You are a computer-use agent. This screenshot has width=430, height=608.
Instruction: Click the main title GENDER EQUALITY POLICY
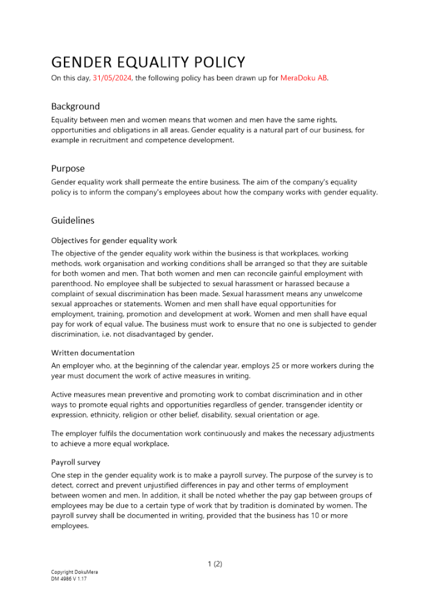point(148,62)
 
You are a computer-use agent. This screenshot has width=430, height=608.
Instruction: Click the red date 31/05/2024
point(113,78)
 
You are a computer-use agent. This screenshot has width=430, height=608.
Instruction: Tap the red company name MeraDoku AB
point(303,78)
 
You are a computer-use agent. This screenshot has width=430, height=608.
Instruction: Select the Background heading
point(75,106)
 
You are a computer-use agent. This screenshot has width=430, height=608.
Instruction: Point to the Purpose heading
point(68,168)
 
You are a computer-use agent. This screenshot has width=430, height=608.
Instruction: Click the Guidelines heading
point(72,220)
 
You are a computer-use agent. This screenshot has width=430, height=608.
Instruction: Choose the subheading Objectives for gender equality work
point(114,240)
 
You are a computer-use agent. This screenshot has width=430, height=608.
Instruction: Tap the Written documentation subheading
point(92,353)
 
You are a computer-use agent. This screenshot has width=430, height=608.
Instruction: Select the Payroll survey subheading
point(75,462)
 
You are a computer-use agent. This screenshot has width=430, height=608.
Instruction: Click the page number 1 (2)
point(215,564)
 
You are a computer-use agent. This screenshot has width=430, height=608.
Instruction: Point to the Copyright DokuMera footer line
point(74,572)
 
